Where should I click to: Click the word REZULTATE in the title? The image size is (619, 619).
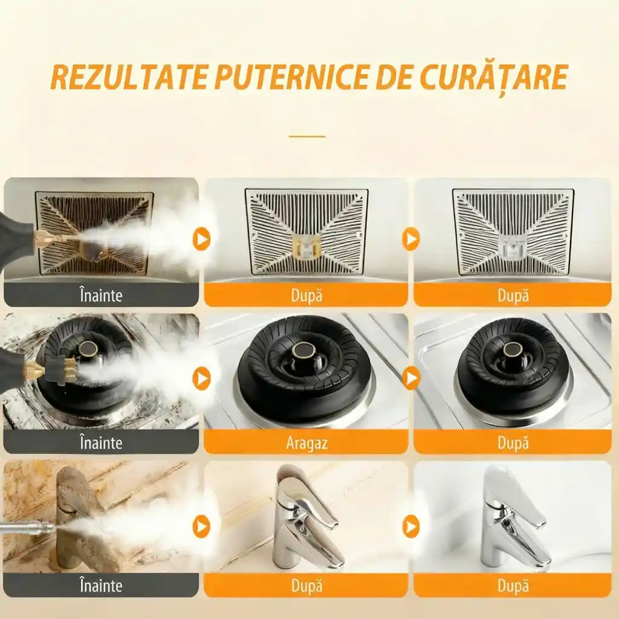(x=128, y=76)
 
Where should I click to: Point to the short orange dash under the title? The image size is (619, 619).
(x=307, y=136)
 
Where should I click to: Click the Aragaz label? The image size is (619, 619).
(x=306, y=442)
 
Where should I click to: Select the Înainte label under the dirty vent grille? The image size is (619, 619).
(x=101, y=296)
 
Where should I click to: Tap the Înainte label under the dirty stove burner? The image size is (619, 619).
(x=101, y=442)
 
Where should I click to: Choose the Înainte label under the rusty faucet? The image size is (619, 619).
(x=101, y=585)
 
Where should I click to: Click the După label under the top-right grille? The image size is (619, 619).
(x=513, y=296)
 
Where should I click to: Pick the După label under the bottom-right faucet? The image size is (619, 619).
(x=513, y=585)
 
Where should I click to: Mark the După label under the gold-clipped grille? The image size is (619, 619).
(x=306, y=296)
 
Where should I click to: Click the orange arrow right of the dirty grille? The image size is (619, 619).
(x=201, y=239)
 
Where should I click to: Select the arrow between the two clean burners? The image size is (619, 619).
(x=410, y=378)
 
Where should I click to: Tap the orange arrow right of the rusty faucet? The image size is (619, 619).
(x=201, y=527)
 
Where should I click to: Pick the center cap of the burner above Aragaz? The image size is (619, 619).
(x=303, y=350)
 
